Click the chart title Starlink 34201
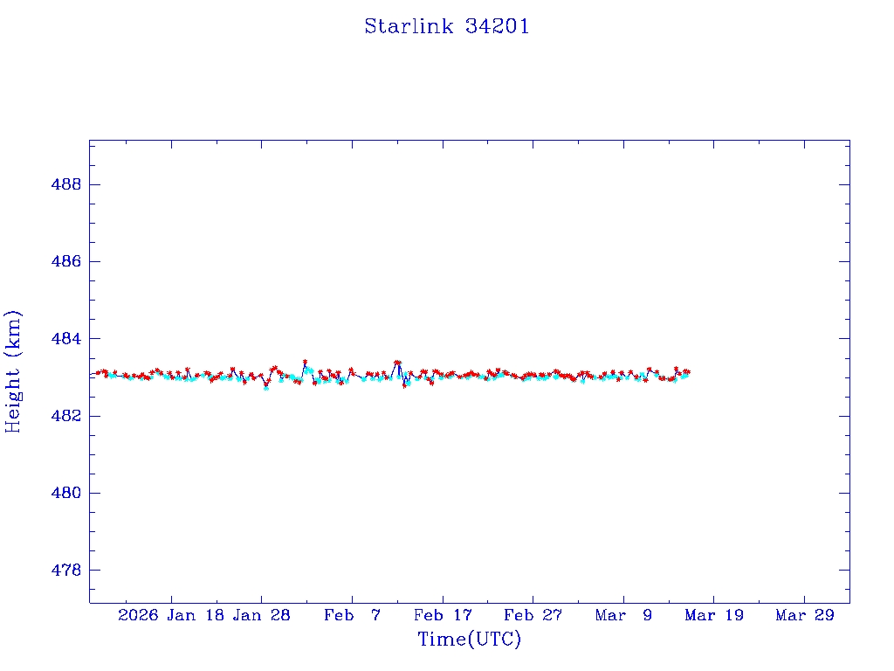pyautogui.click(x=446, y=26)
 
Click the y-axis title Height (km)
pyautogui.click(x=13, y=371)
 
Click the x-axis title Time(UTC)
pyautogui.click(x=469, y=640)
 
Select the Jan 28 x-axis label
pyautogui.click(x=261, y=615)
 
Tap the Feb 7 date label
pyautogui.click(x=352, y=615)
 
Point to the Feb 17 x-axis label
pyautogui.click(x=443, y=615)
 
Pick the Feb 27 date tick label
pyautogui.click(x=533, y=615)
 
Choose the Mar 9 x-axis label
pyautogui.click(x=623, y=615)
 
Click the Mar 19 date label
pyautogui.click(x=714, y=615)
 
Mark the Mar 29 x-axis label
pyautogui.click(x=804, y=615)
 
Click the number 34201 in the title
pyautogui.click(x=497, y=26)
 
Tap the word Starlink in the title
pyautogui.click(x=409, y=26)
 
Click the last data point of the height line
pyautogui.click(x=688, y=372)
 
